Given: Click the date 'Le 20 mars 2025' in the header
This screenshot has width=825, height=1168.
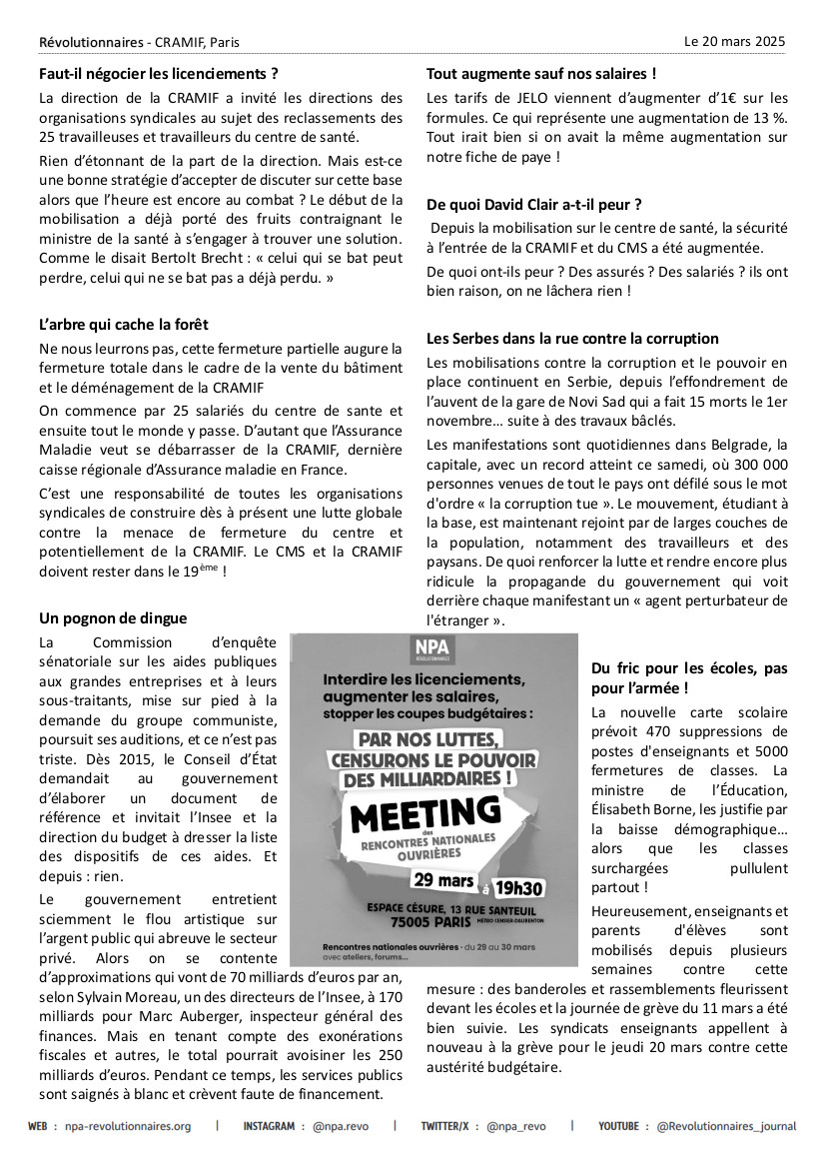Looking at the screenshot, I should tap(734, 42).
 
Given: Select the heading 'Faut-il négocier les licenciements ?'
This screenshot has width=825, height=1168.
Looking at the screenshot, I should tap(158, 73).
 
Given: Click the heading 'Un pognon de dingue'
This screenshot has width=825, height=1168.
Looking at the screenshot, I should tap(113, 618).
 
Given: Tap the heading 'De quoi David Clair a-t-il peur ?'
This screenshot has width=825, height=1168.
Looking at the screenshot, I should tap(533, 204).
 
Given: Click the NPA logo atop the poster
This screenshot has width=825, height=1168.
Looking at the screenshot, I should tap(432, 649).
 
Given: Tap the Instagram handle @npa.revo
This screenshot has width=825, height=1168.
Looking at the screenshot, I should tap(340, 1126).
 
